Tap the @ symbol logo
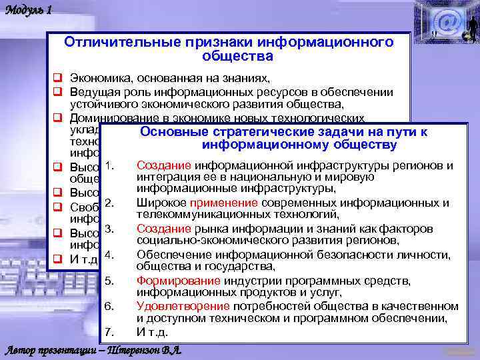448,21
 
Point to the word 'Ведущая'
93,92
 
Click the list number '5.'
111,280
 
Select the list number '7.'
111,332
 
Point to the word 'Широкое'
161,203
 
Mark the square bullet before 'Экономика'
58,78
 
